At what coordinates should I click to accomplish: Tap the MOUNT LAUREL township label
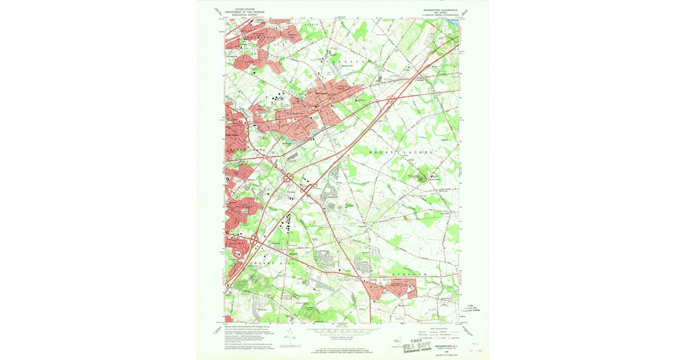click(400, 153)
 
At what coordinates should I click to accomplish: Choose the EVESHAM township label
click(414, 275)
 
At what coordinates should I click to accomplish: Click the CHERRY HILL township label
click(269, 258)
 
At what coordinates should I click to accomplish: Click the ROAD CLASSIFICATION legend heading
click(434, 329)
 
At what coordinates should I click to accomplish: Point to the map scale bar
click(343, 330)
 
